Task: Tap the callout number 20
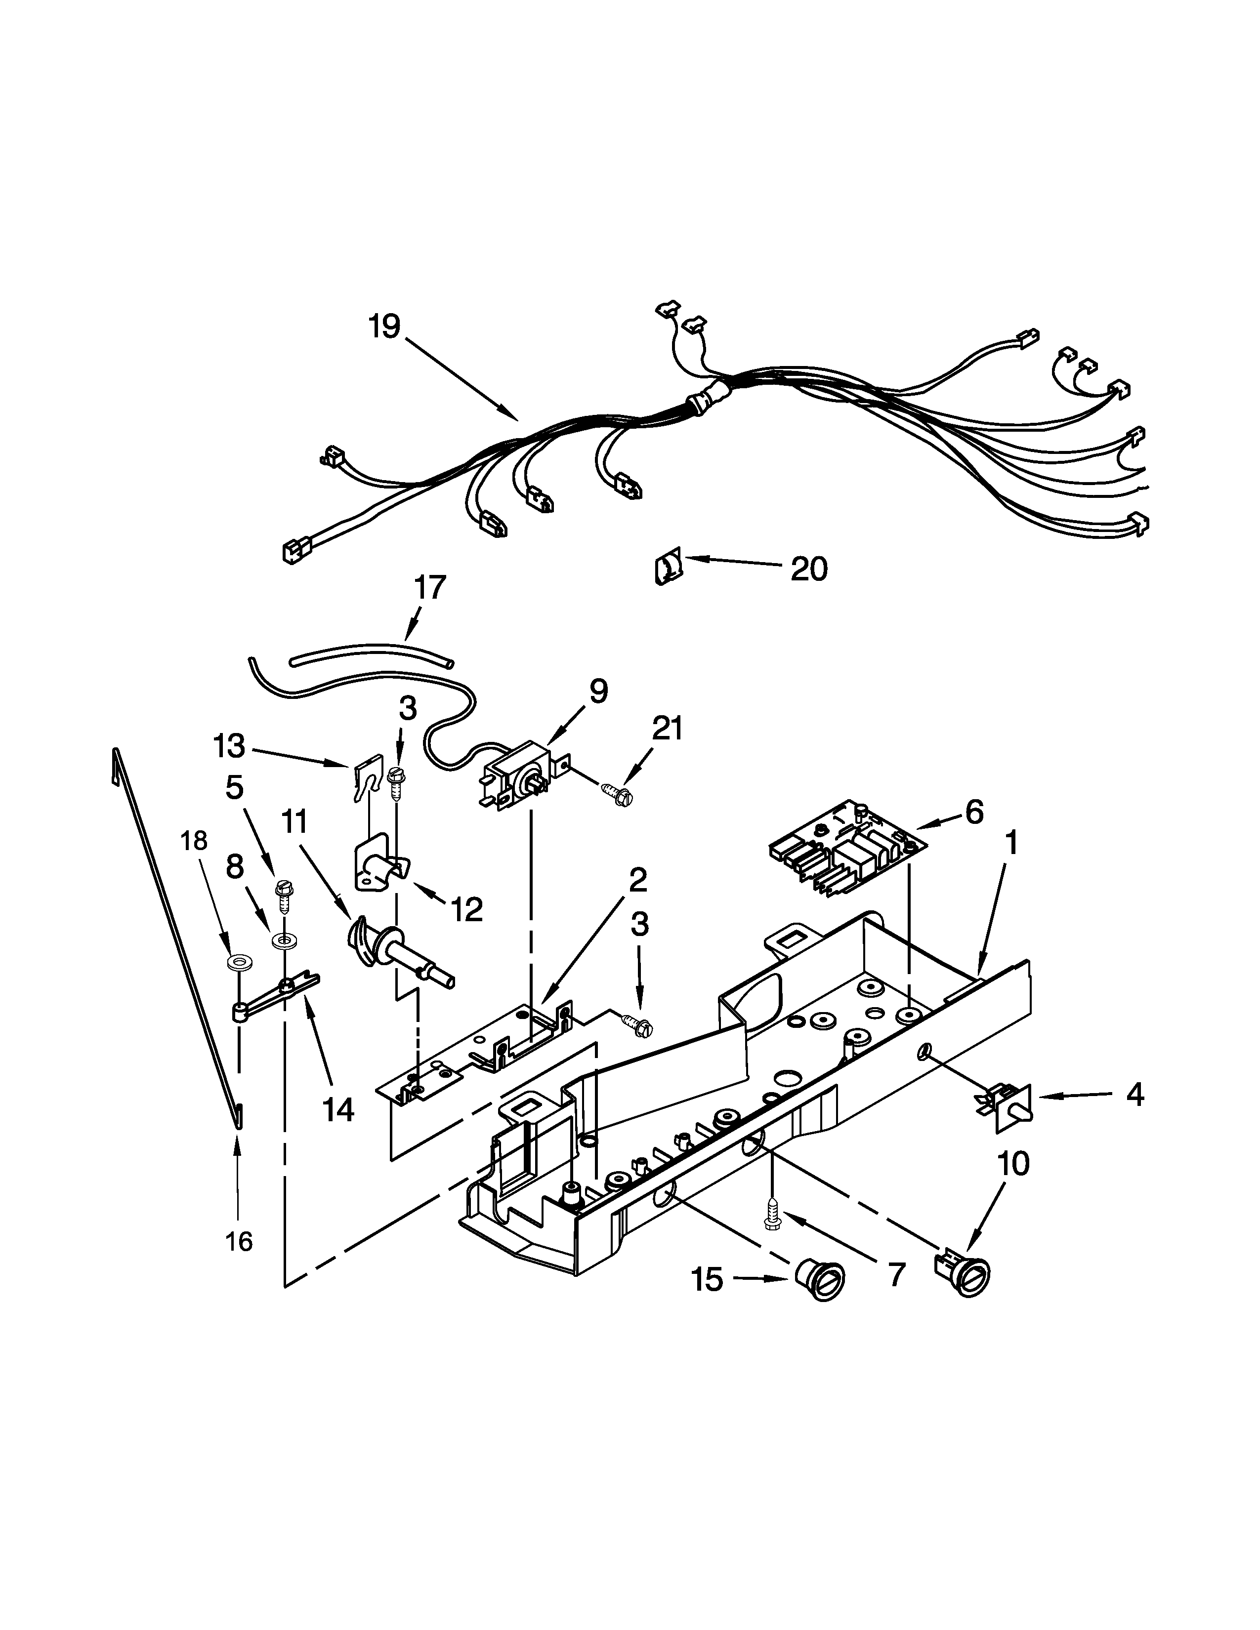(809, 570)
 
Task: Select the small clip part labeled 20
(668, 569)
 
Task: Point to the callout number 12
(466, 909)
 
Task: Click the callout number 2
(637, 881)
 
